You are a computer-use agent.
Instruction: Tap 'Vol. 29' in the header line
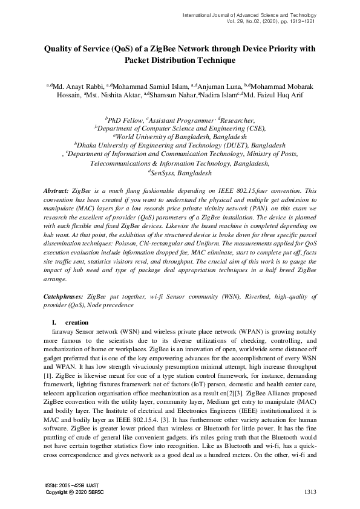(x=231, y=21)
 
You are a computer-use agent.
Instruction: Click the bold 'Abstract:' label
(x=56, y=190)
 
